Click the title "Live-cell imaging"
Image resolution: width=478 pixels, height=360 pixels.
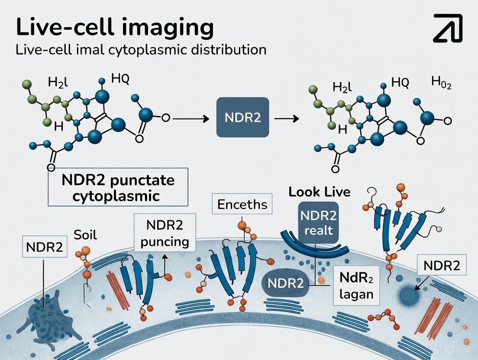(x=115, y=27)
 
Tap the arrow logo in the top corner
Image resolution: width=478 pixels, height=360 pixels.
(x=448, y=28)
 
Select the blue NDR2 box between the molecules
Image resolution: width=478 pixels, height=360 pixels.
(x=242, y=118)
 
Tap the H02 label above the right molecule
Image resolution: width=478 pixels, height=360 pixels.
(x=441, y=83)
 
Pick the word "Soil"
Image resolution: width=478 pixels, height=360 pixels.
(x=85, y=236)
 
